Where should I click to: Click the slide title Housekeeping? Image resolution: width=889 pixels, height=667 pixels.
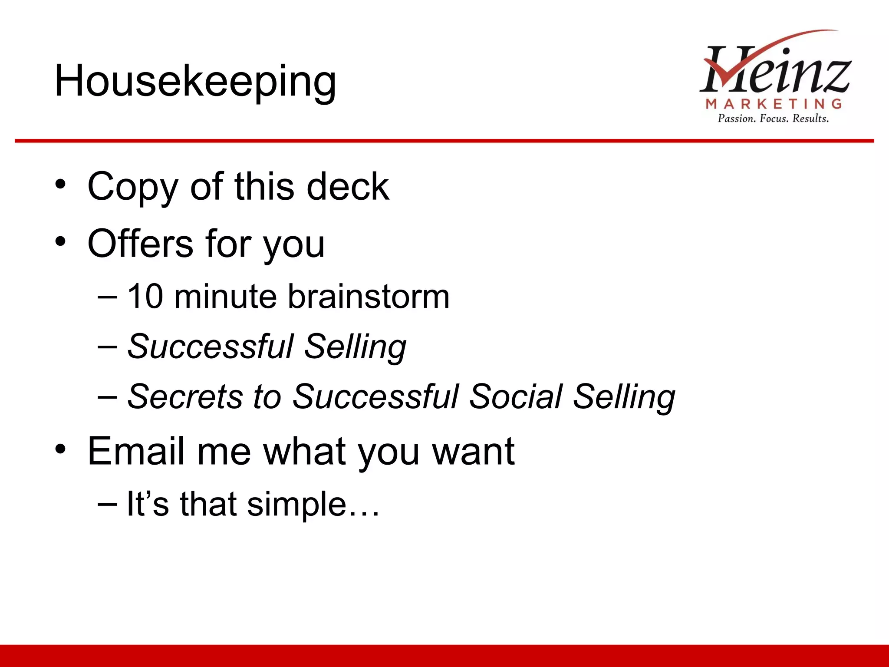point(195,81)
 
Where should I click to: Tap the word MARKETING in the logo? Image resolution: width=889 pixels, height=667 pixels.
point(774,104)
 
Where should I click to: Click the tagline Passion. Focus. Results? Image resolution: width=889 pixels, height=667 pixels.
point(773,119)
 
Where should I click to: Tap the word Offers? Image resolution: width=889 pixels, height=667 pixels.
point(140,244)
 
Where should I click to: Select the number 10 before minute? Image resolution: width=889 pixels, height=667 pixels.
point(145,297)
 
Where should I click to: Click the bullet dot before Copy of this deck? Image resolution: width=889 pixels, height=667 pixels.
point(61,185)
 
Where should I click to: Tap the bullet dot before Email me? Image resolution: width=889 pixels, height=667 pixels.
point(61,449)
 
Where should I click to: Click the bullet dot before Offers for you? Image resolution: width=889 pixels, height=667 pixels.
point(61,241)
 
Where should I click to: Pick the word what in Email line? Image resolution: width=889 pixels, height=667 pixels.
point(307,452)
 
